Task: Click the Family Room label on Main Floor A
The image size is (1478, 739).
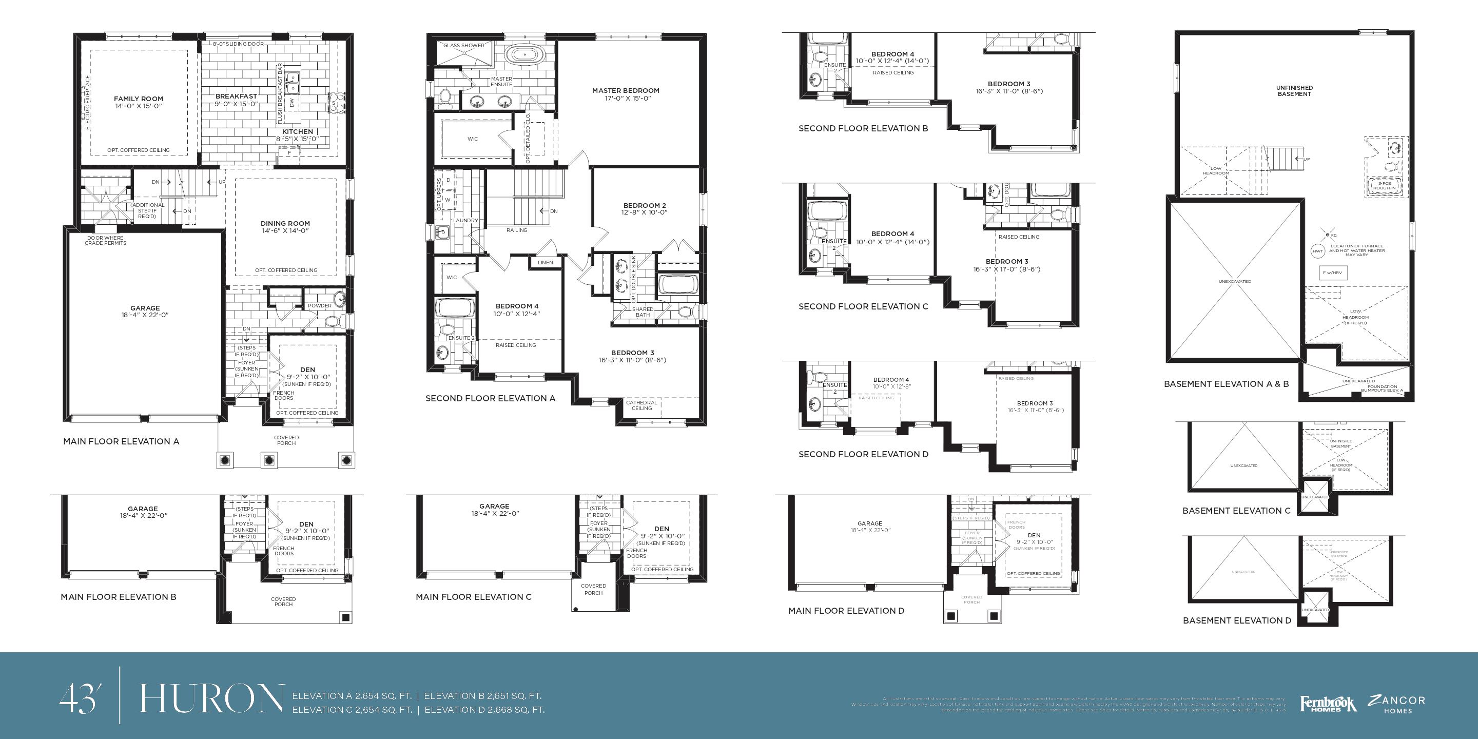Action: click(x=138, y=99)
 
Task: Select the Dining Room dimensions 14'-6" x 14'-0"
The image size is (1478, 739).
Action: click(x=285, y=230)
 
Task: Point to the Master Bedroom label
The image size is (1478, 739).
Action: click(x=626, y=91)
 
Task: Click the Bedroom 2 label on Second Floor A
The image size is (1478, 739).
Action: click(x=645, y=205)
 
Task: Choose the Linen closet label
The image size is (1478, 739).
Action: click(x=545, y=263)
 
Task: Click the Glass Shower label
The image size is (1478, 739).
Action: click(x=463, y=45)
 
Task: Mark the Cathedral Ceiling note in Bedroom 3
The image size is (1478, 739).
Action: click(x=641, y=405)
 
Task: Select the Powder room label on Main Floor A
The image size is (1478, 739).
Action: click(x=320, y=306)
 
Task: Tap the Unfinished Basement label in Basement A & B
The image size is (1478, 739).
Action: click(x=1294, y=91)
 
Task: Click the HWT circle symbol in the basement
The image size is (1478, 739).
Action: click(x=1318, y=251)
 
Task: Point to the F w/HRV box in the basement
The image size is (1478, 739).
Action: click(x=1332, y=273)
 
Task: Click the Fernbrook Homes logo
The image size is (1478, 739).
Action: click(x=1328, y=704)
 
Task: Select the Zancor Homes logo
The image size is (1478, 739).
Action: click(x=1396, y=704)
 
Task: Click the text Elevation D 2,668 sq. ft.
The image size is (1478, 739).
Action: click(x=484, y=710)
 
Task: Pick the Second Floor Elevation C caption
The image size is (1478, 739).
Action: click(x=863, y=306)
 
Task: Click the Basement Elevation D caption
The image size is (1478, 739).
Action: click(x=1236, y=620)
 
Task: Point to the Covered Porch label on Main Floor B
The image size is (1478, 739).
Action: click(x=283, y=601)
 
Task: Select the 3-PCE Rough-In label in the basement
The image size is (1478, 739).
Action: click(x=1385, y=185)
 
